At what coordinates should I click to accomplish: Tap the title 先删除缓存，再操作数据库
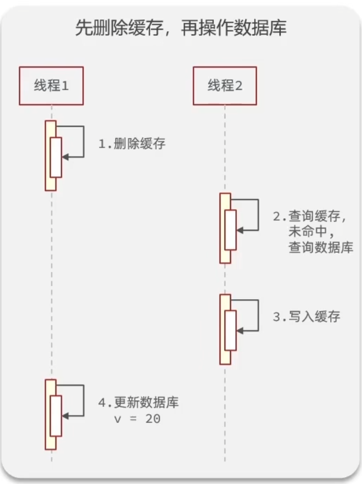(x=181, y=28)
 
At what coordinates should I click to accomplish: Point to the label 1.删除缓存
(x=132, y=144)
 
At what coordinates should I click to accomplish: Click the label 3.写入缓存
(x=306, y=317)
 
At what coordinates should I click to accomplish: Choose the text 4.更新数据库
(x=138, y=402)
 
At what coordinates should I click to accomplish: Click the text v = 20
(x=137, y=419)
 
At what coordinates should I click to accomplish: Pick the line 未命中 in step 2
(x=311, y=231)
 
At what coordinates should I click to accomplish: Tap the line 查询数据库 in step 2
(x=321, y=247)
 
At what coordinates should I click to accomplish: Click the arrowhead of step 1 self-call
(x=65, y=157)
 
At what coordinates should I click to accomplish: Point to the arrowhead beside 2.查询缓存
(x=240, y=230)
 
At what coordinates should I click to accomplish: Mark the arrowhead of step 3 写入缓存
(x=240, y=331)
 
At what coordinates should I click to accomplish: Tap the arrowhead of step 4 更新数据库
(x=65, y=416)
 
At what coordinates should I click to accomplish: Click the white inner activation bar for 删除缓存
(x=56, y=157)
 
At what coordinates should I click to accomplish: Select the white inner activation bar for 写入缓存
(x=231, y=331)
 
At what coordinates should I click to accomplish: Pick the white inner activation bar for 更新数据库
(x=56, y=416)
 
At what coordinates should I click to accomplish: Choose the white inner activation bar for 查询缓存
(x=231, y=230)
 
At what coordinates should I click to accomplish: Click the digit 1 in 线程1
(x=65, y=86)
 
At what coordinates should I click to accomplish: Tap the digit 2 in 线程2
(x=239, y=86)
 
